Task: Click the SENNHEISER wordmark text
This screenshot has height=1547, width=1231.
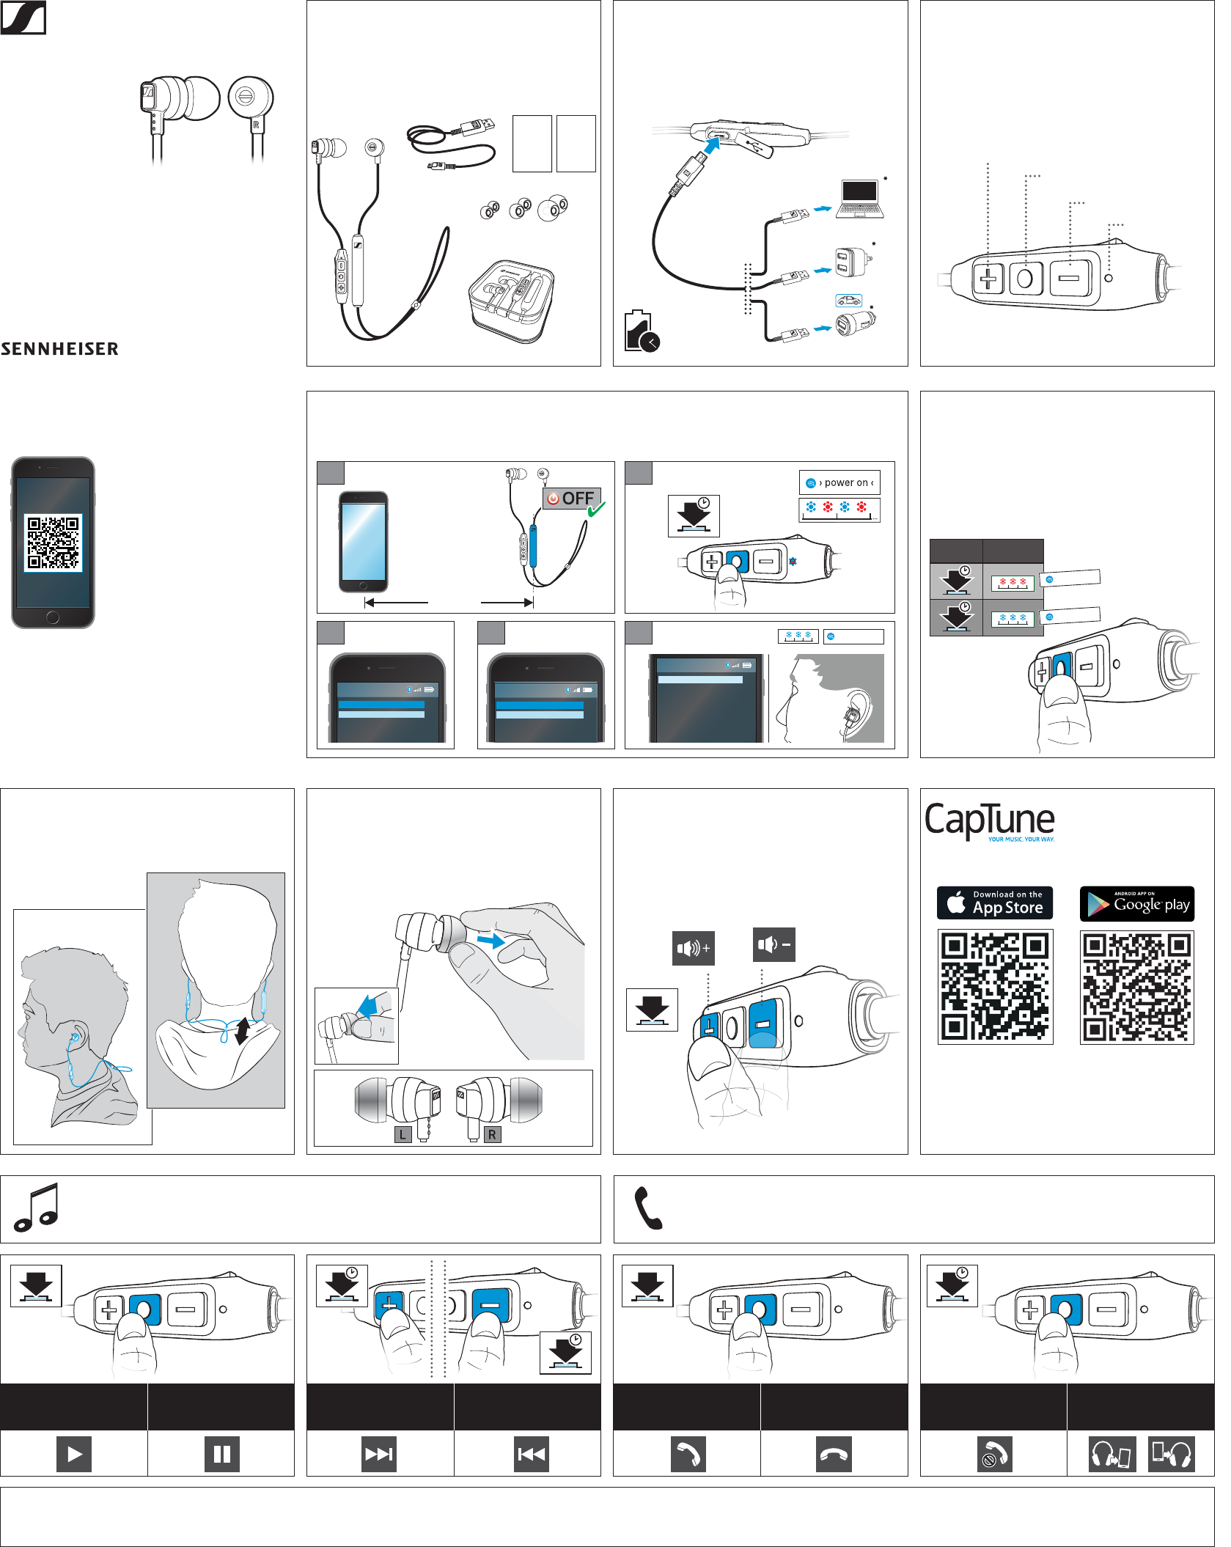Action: pos(60,349)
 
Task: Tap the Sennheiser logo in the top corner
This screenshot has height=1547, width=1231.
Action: pos(23,17)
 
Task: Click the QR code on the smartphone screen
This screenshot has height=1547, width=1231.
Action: pos(53,543)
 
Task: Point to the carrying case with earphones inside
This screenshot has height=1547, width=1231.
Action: pos(511,301)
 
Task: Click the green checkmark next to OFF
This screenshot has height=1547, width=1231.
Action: pos(597,507)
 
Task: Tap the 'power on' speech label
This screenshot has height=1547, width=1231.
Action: pos(839,482)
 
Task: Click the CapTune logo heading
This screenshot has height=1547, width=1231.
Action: pos(989,820)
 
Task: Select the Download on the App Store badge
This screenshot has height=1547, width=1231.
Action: pos(995,903)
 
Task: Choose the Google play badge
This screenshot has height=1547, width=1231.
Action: pos(1136,903)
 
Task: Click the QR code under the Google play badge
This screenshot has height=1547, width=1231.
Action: pos(1136,987)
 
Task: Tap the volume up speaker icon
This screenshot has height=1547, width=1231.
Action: pos(693,948)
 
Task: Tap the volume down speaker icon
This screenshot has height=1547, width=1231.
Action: pos(773,944)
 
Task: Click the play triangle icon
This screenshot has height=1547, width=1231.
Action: pos(74,1454)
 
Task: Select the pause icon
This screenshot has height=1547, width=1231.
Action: pos(221,1454)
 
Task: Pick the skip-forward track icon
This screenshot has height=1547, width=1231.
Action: pos(379,1454)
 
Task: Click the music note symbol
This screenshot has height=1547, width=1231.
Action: pos(37,1208)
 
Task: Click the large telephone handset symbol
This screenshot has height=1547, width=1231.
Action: pos(648,1208)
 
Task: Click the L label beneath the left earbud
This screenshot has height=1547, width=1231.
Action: pos(403,1134)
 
